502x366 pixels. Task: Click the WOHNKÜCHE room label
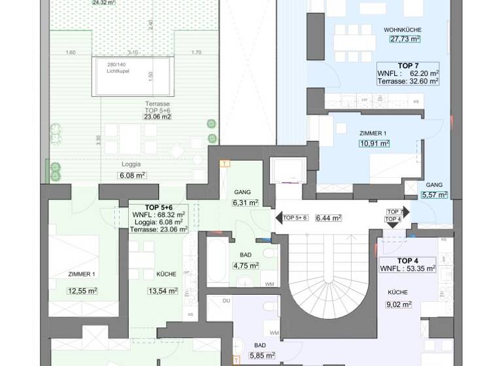point(403,30)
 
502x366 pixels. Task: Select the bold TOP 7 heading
point(409,65)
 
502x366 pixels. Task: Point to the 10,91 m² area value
point(375,143)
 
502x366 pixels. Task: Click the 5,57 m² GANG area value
point(435,194)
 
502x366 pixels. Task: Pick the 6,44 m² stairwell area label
point(329,218)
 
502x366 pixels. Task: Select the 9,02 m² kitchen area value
point(398,304)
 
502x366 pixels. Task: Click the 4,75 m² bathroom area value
point(246,265)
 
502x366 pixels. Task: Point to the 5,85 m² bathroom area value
point(261,356)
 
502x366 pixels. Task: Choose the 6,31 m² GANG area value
point(245,203)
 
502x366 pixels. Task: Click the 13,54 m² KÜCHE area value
point(163,291)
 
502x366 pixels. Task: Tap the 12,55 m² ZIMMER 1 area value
point(83,291)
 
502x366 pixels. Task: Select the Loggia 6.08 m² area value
point(131,175)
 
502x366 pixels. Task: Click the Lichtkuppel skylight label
point(119,71)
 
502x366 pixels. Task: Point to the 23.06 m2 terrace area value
point(158,117)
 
